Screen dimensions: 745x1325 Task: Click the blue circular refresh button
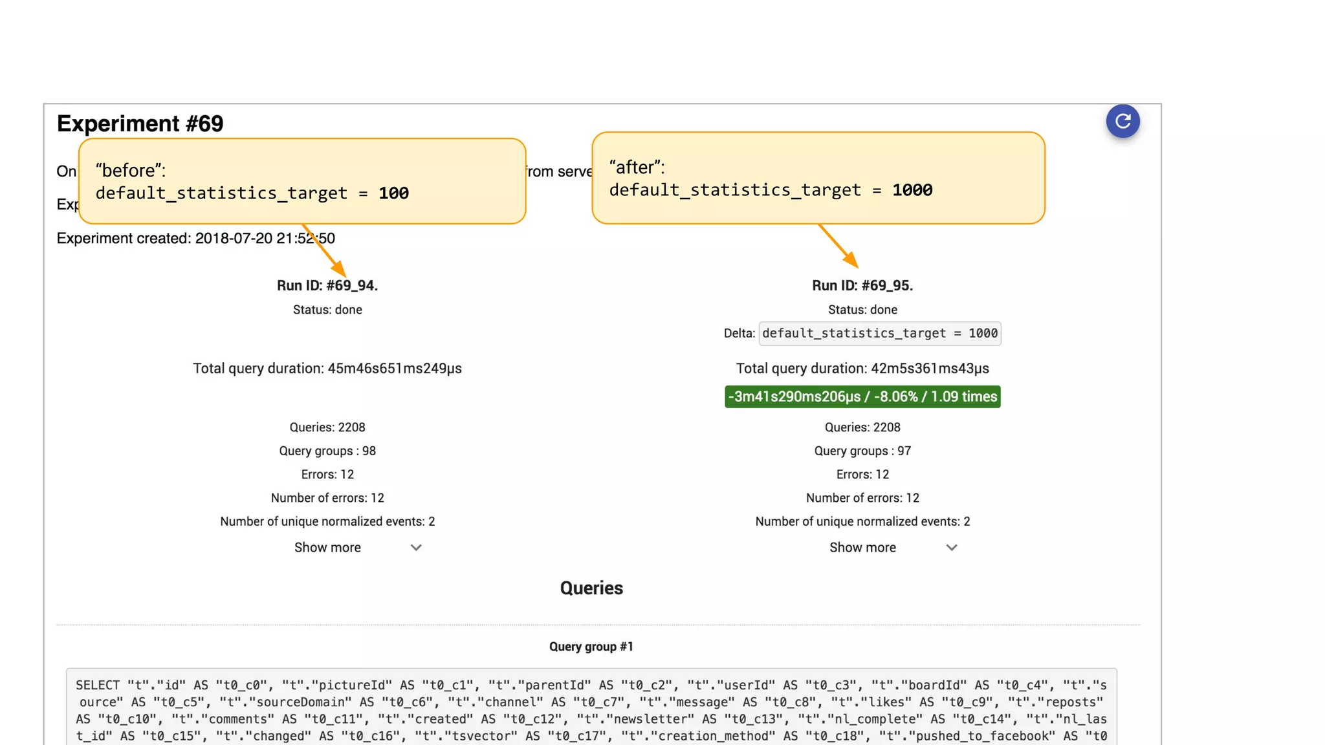pyautogui.click(x=1122, y=121)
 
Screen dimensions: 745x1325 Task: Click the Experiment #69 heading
pyautogui.click(x=140, y=124)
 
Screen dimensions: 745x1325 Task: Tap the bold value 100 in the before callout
pyautogui.click(x=393, y=193)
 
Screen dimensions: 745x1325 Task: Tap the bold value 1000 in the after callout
pyautogui.click(x=912, y=190)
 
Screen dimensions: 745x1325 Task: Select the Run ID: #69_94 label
pyautogui.click(x=327, y=286)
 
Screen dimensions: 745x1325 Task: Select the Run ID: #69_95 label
pyautogui.click(x=862, y=286)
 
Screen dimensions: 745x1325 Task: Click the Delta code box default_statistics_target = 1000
pyautogui.click(x=880, y=333)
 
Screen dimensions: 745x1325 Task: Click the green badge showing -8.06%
pyautogui.click(x=862, y=396)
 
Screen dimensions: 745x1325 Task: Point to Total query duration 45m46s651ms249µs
pyautogui.click(x=327, y=369)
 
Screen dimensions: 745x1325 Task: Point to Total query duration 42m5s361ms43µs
pyautogui.click(x=862, y=369)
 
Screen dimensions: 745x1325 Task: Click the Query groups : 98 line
pyautogui.click(x=327, y=451)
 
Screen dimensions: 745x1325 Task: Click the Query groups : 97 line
pyautogui.click(x=862, y=451)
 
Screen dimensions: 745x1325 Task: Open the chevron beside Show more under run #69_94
pyautogui.click(x=416, y=548)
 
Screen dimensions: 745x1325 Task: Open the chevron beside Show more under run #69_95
pyautogui.click(x=951, y=548)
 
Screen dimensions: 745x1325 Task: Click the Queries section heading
pyautogui.click(x=591, y=588)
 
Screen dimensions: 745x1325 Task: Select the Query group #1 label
pyautogui.click(x=591, y=647)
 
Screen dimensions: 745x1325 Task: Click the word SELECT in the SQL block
pyautogui.click(x=98, y=686)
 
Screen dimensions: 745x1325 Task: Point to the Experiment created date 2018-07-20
pyautogui.click(x=234, y=239)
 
